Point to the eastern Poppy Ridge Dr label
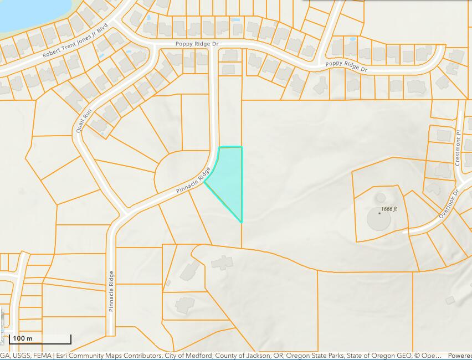click(x=346, y=66)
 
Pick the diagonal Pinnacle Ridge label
click(x=193, y=181)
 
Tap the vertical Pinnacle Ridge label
click(x=111, y=291)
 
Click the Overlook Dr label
click(x=449, y=204)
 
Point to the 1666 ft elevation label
click(x=389, y=210)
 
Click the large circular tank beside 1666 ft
click(x=378, y=219)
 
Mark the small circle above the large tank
click(x=380, y=198)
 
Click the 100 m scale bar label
click(x=23, y=338)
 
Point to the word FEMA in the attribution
click(x=40, y=356)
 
